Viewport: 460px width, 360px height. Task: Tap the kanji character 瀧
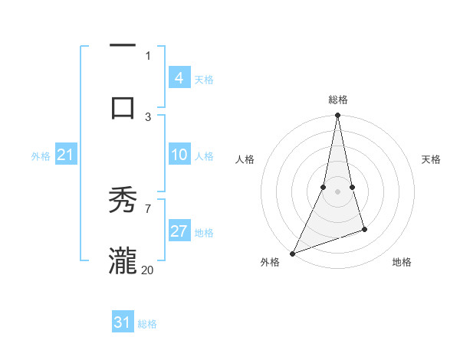point(123,260)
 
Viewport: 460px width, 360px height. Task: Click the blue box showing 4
point(179,77)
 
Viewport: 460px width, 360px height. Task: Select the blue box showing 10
point(179,155)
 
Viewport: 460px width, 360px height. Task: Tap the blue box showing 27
point(179,232)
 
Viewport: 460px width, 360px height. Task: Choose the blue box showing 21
point(65,155)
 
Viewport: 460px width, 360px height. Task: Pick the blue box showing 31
point(122,322)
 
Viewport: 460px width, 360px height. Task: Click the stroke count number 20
point(148,270)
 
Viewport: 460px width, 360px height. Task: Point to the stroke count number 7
point(148,208)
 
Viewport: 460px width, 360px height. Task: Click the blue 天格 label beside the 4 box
point(204,79)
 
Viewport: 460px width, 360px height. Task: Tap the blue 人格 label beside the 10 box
point(204,156)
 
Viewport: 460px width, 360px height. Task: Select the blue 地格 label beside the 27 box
point(204,233)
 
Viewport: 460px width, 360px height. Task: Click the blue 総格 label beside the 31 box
point(147,324)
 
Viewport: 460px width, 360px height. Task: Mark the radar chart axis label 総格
point(337,100)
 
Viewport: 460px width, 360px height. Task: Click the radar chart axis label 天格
point(431,159)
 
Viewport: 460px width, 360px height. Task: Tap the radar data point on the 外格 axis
point(292,253)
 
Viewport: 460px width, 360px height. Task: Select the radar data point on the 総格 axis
point(337,116)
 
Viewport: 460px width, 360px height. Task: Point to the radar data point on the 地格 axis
point(364,229)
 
